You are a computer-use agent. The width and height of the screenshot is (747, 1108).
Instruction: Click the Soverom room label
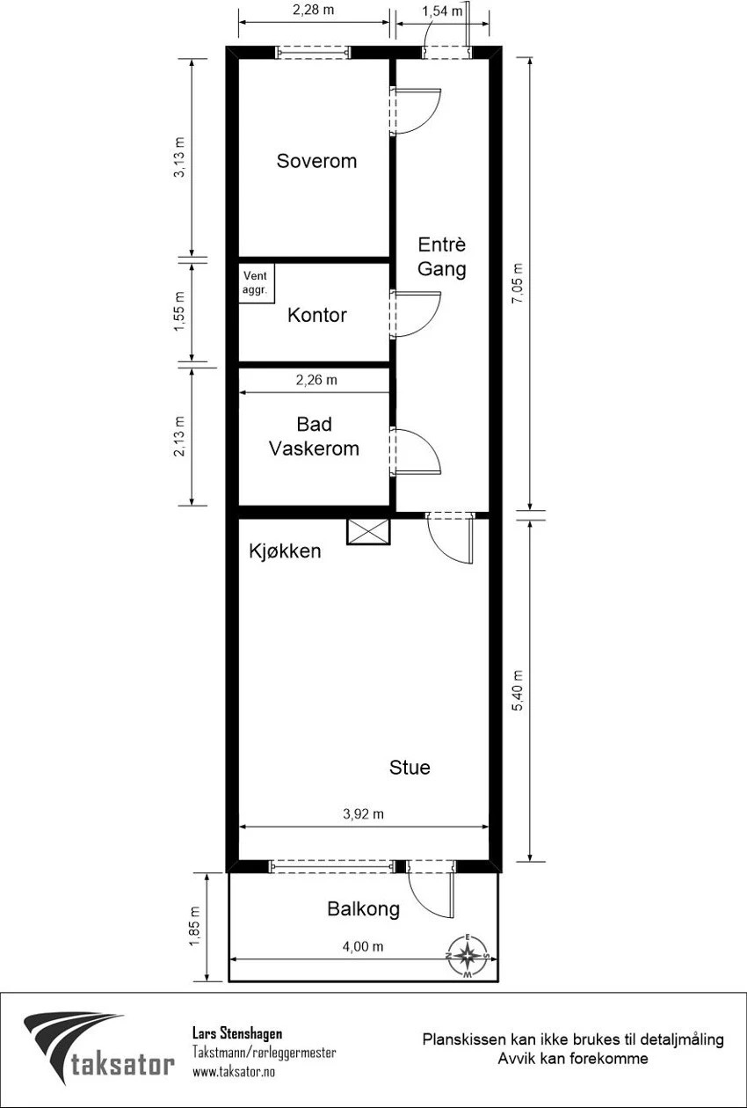[x=316, y=161]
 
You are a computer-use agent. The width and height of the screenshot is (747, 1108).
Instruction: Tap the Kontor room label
[x=317, y=315]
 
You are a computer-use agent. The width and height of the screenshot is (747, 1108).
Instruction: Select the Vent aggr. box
[x=256, y=283]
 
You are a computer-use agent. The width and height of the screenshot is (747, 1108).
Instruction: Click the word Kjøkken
[x=285, y=550]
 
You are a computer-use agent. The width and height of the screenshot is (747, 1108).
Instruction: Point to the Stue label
[x=410, y=767]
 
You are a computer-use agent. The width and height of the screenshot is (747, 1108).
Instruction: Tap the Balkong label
[x=363, y=908]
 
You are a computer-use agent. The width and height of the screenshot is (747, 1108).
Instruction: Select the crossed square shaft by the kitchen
[x=368, y=532]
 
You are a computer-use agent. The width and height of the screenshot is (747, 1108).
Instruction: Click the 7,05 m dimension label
[x=518, y=284]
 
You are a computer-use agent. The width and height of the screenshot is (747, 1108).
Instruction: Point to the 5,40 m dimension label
[x=518, y=691]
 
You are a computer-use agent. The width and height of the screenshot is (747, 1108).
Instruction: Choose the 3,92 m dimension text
[x=363, y=813]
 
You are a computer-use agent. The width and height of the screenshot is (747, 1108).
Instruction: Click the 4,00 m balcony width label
[x=363, y=946]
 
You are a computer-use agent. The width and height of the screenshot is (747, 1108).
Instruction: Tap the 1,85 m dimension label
[x=194, y=926]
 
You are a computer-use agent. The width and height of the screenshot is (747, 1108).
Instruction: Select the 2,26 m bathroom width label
[x=316, y=380]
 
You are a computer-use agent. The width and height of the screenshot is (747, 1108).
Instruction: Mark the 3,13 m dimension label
[x=179, y=157]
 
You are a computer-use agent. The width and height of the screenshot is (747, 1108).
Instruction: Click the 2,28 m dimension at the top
[x=314, y=10]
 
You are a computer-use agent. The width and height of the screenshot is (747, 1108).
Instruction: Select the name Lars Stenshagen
[x=237, y=1033]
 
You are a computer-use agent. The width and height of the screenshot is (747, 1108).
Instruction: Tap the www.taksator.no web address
[x=234, y=1072]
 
